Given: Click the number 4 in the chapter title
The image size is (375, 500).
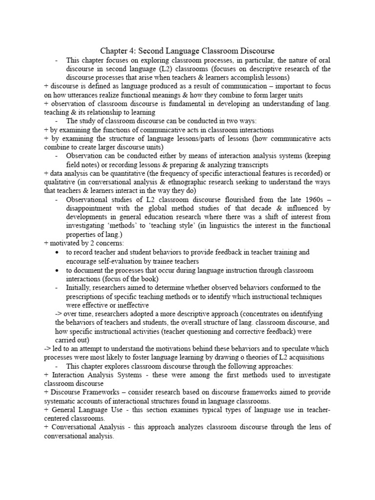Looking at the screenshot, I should [132, 50].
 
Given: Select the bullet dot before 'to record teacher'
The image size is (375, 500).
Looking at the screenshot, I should [57, 252].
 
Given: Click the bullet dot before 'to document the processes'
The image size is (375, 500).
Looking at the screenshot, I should [57, 270].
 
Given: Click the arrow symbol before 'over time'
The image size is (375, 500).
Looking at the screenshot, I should [60, 313].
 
